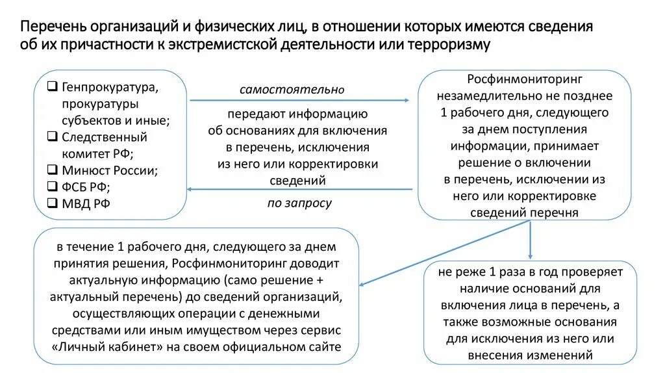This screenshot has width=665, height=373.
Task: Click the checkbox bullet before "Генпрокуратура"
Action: click(53, 86)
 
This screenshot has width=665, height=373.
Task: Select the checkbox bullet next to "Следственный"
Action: click(53, 137)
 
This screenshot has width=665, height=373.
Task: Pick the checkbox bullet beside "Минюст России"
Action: click(53, 171)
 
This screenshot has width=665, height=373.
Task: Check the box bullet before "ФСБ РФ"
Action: click(53, 187)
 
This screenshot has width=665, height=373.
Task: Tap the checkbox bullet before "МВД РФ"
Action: click(53, 203)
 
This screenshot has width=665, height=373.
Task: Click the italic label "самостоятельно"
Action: click(292, 90)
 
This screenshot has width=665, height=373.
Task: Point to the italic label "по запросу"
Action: click(299, 203)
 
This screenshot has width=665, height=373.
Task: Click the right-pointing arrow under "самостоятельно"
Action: click(299, 100)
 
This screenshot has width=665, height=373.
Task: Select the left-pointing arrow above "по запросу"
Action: click(299, 189)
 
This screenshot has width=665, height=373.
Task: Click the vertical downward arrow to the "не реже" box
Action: click(531, 240)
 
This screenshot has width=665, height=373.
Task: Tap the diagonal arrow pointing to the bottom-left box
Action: click(442, 253)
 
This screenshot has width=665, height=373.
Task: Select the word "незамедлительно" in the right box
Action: click(481, 96)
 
